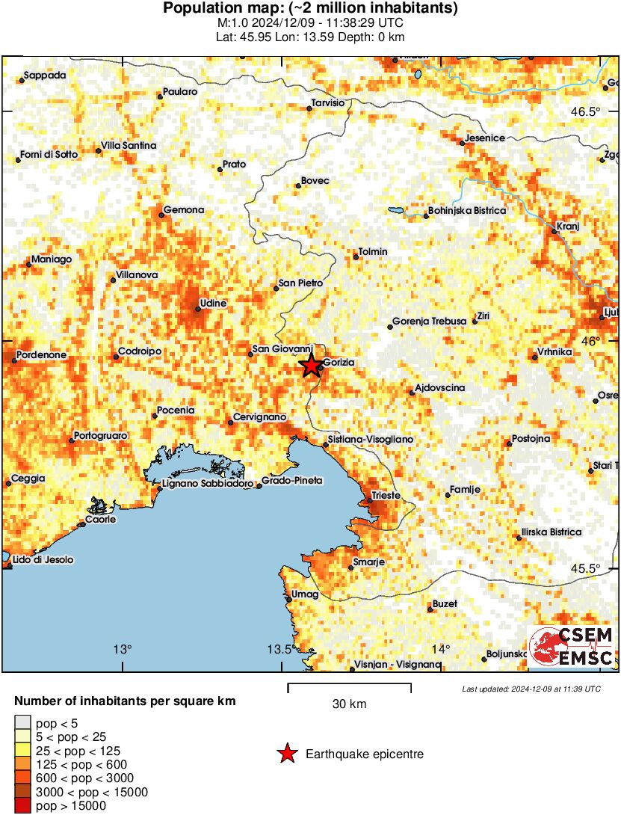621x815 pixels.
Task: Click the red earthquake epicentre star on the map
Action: (310, 366)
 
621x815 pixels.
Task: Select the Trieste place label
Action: (386, 496)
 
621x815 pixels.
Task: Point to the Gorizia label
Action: (339, 363)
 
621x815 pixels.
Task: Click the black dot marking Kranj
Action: (554, 231)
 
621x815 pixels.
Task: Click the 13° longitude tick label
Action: (123, 648)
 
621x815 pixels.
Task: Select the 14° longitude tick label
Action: (441, 648)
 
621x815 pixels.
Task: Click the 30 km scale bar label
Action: (349, 704)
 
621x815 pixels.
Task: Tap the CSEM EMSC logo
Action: (572, 647)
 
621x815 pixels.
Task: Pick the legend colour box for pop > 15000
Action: (24, 805)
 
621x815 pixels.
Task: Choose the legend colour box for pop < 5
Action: (24, 722)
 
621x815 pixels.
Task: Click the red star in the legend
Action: (286, 754)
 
